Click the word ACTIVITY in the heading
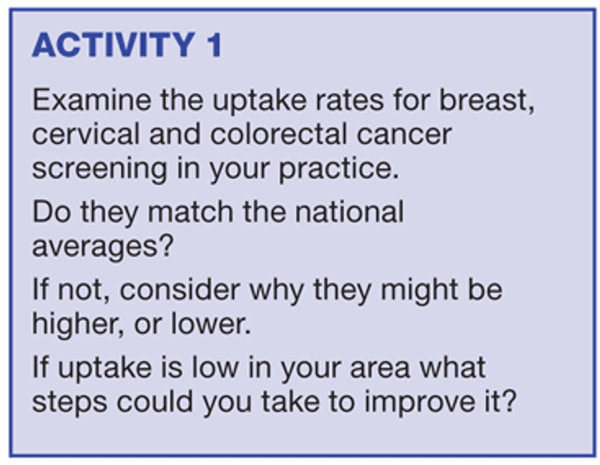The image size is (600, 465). point(114,45)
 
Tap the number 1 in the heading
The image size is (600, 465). point(214,45)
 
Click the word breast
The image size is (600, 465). point(486,100)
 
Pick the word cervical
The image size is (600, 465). point(86,134)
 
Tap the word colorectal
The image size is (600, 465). point(278,134)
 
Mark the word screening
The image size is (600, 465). point(99,169)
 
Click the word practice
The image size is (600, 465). point(338,169)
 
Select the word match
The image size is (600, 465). point(190,212)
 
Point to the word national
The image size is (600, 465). point(350,212)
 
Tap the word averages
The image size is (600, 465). point(103,247)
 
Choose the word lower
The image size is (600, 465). point(210,324)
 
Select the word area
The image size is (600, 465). point(379,368)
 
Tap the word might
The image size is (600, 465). point(419,289)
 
